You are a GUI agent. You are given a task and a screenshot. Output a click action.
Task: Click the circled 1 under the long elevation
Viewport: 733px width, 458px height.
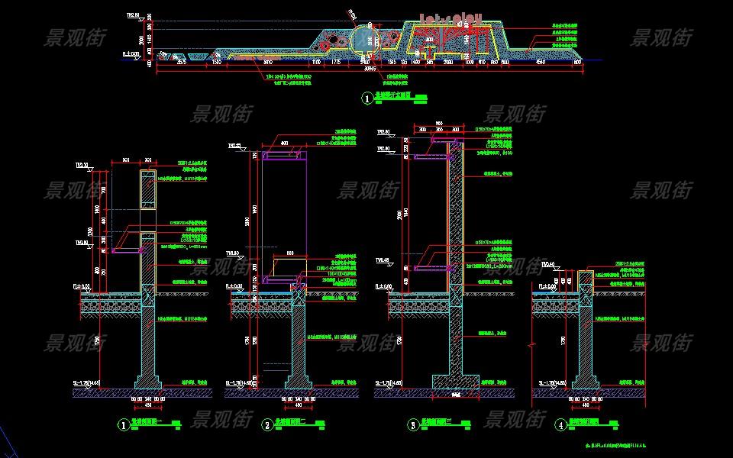(x=368, y=98)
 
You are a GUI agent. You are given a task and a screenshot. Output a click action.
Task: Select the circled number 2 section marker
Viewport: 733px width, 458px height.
(x=267, y=424)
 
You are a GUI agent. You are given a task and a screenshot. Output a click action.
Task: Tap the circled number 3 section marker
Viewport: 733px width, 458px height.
(x=413, y=424)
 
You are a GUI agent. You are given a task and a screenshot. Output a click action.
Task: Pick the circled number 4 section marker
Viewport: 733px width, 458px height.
(x=562, y=424)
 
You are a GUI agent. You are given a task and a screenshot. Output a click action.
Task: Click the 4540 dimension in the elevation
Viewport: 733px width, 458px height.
(x=541, y=61)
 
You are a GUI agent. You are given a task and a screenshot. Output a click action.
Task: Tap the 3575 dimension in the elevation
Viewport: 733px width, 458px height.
(x=181, y=61)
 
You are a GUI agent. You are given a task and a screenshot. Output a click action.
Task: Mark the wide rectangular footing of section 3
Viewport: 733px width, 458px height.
(x=457, y=379)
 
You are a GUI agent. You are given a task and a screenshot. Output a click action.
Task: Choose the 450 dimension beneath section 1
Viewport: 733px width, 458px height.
(x=147, y=405)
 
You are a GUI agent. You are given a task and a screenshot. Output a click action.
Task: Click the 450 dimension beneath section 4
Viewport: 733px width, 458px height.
(x=585, y=405)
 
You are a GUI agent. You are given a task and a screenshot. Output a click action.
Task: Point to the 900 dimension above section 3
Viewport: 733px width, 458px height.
(x=438, y=123)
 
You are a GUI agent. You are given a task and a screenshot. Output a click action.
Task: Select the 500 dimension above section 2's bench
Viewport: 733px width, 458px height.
(x=290, y=252)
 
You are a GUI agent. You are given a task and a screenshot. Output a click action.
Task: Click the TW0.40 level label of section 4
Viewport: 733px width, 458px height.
(x=549, y=265)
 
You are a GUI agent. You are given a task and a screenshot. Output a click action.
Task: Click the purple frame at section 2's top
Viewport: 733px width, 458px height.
(x=285, y=156)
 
